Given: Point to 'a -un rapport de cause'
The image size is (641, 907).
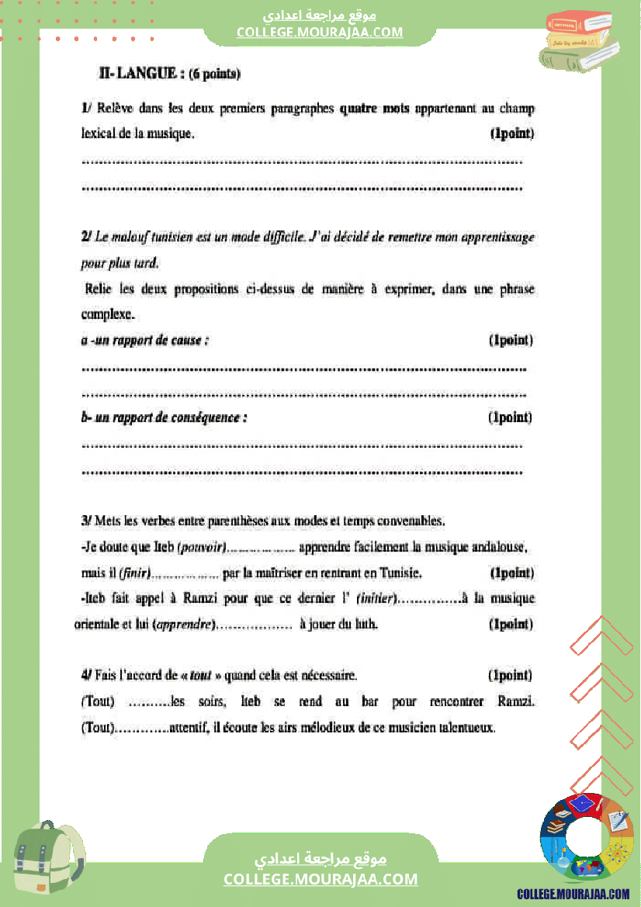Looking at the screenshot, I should point(144,340).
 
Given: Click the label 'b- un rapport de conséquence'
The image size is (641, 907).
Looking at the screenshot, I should point(164,417).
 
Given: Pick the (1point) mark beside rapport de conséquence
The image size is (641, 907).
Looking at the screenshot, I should point(510,417).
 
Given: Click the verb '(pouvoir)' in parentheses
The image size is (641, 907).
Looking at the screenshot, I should point(202,548).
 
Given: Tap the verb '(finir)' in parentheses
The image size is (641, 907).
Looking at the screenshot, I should point(134,574).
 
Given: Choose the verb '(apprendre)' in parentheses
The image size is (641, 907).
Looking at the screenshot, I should point(184,625).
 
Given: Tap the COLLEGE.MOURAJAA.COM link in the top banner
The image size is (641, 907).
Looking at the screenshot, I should point(320,32).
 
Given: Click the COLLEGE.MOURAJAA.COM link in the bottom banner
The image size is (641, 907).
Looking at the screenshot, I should point(320,879).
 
